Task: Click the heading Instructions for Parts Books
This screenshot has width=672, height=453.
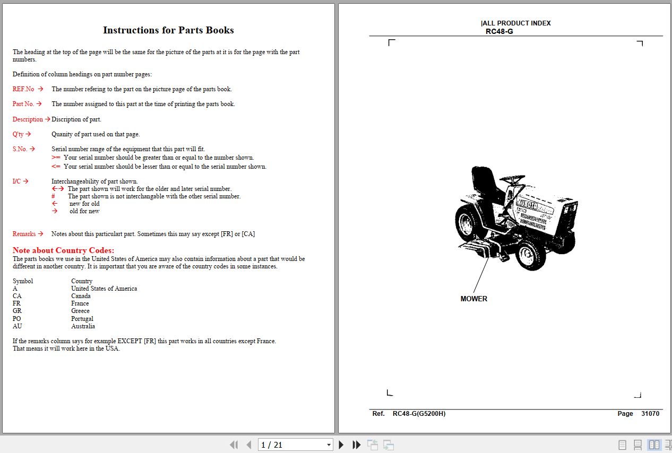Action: (168, 30)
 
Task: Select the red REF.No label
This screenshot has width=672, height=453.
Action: (23, 89)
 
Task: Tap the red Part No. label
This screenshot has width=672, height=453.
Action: (23, 104)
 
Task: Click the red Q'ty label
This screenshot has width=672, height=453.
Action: (18, 134)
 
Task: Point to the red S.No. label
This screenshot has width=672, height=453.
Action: (20, 149)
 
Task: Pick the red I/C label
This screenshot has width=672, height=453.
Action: (16, 181)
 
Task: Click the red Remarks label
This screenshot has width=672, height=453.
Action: (24, 234)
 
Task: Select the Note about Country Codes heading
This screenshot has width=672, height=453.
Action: (63, 250)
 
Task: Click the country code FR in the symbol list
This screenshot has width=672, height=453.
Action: (16, 303)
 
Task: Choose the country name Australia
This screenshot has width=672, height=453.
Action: (83, 326)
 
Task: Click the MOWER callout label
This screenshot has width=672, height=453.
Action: (473, 299)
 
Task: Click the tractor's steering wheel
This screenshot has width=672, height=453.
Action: (512, 179)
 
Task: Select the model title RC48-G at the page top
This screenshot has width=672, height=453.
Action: (499, 31)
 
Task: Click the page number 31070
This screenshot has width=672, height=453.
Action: (650, 414)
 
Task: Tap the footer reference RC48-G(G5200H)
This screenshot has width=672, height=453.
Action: (419, 414)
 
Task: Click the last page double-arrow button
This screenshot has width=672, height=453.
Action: (357, 445)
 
